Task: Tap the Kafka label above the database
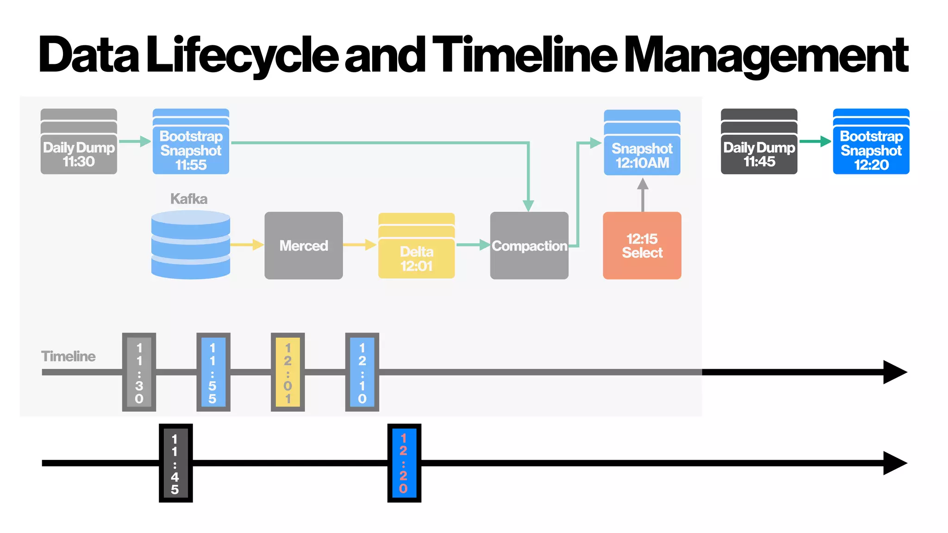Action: (188, 199)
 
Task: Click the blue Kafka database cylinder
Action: (191, 245)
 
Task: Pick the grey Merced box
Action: (304, 245)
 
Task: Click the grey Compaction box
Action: (529, 246)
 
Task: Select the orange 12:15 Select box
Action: (642, 246)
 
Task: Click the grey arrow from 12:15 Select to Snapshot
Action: (642, 194)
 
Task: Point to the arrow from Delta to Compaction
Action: (473, 245)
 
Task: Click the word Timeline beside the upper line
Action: (69, 356)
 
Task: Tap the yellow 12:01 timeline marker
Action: (288, 372)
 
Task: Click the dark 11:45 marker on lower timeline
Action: (175, 463)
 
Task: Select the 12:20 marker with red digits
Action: (404, 463)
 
